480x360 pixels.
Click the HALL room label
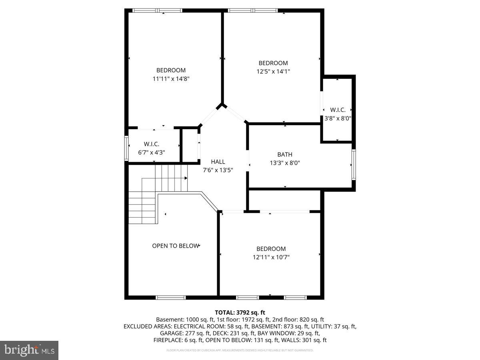coord(218,162)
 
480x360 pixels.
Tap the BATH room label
coord(285,154)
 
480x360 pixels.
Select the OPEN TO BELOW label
coord(175,246)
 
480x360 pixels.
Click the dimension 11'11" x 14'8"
coord(171,79)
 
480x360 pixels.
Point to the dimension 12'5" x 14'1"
coord(273,72)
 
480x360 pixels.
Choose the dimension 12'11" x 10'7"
coord(271,257)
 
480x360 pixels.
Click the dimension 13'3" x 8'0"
coord(285,163)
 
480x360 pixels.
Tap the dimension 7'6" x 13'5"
coord(218,170)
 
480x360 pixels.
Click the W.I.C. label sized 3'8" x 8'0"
coord(338,110)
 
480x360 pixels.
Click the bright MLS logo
coord(29,350)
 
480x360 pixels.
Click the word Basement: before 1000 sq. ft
coord(170,320)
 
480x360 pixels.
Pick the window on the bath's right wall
coord(354,164)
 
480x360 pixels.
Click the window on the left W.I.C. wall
coord(126,148)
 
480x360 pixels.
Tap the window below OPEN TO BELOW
coord(171,297)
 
